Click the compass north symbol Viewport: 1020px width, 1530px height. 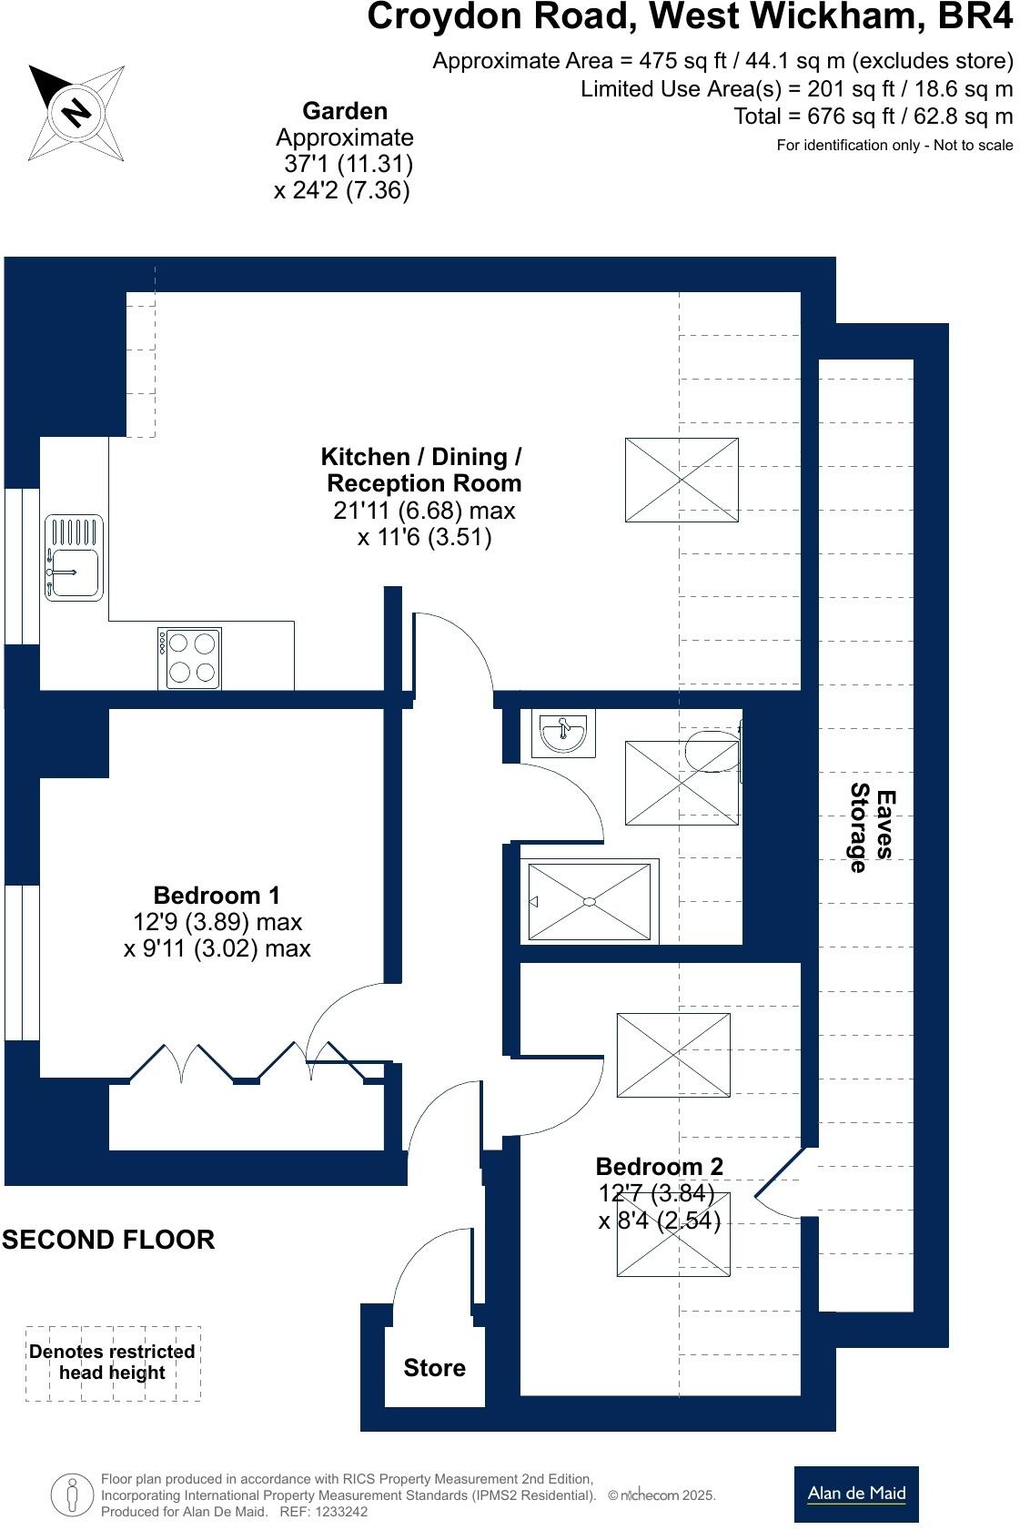coord(76,113)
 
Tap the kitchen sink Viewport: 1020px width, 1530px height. coord(74,558)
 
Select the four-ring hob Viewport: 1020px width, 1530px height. coord(189,658)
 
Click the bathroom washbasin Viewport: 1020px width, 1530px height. coord(563,733)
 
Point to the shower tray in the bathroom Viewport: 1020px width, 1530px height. coord(590,902)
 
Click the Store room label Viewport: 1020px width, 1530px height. coord(434,1367)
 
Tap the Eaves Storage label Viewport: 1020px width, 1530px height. coord(872,827)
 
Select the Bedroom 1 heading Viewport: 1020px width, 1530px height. coord(217,895)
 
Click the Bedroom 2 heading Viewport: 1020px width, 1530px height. coord(659,1166)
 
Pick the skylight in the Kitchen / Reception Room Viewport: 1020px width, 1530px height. coord(682,480)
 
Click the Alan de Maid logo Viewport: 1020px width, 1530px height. coord(856,1494)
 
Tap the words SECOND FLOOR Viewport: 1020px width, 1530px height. coord(108,1240)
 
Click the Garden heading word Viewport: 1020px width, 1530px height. coord(345,111)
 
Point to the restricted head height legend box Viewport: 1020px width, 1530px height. coord(113,1363)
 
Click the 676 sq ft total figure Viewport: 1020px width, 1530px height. coord(850,117)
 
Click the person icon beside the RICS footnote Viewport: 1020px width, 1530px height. coord(72,1494)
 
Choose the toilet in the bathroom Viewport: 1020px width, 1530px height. coord(713,751)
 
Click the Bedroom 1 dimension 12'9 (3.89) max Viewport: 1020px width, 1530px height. coord(217,921)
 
